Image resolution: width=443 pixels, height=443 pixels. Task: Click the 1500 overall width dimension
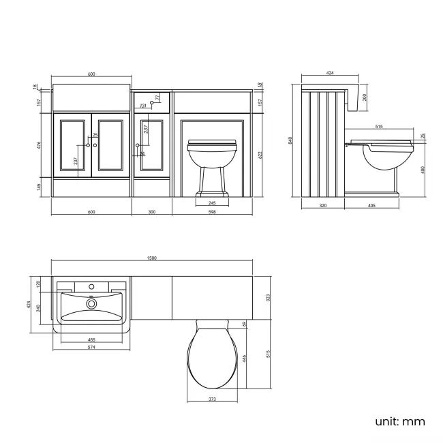[152, 258]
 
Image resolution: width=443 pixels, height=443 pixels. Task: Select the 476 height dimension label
[40, 144]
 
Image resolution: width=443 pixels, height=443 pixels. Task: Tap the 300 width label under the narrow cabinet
[152, 212]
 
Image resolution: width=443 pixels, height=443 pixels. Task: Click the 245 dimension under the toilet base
[212, 202]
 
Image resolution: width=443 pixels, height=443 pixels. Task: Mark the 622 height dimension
[260, 155]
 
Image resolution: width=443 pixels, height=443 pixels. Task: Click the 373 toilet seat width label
[212, 399]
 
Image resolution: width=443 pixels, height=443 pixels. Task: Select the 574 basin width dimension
[91, 347]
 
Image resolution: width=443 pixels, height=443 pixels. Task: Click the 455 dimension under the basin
[91, 339]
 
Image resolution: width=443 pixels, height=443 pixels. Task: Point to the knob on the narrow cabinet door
[139, 145]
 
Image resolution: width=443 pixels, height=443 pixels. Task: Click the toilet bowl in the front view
[212, 156]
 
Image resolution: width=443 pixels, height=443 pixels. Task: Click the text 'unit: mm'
[399, 421]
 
